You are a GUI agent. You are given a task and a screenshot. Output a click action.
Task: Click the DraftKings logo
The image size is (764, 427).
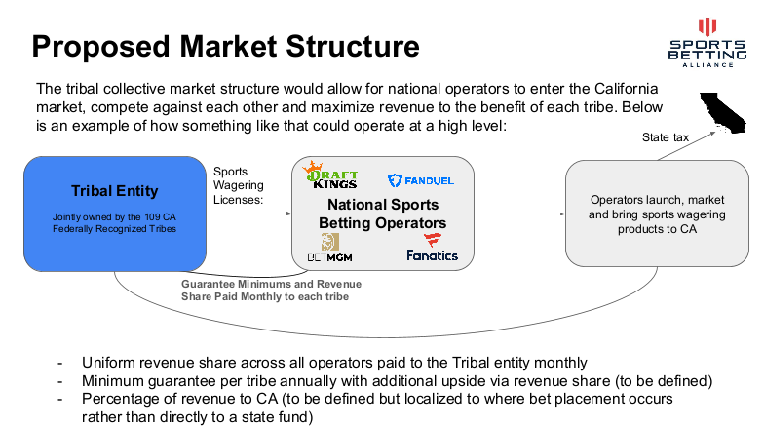point(329,175)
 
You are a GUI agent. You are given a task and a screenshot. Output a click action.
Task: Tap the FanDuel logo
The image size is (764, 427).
point(421,180)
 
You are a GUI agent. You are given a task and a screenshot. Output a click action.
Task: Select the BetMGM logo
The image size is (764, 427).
point(329,248)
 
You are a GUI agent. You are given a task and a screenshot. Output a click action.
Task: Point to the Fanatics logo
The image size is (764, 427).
point(433,248)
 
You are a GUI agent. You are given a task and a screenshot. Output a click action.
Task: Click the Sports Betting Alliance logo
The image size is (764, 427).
point(707,43)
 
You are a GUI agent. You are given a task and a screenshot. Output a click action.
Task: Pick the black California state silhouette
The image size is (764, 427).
point(723,113)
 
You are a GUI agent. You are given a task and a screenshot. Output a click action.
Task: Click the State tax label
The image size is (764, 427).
point(665,137)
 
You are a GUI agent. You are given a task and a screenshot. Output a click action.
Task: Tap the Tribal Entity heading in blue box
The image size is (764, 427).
point(115,191)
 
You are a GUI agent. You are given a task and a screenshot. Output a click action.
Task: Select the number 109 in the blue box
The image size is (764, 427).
point(152,216)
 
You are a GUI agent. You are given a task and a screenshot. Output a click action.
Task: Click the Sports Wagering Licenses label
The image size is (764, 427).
point(238,185)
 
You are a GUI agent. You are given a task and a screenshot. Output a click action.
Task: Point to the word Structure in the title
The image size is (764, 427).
point(353,47)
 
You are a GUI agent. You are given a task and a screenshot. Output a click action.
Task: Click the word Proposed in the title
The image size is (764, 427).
point(100,47)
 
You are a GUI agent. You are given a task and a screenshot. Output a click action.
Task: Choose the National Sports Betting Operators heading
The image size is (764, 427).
point(382,213)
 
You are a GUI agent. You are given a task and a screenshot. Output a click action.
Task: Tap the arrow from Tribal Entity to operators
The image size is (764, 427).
point(249,213)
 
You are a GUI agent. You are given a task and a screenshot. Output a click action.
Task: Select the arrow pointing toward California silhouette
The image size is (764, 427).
point(686,145)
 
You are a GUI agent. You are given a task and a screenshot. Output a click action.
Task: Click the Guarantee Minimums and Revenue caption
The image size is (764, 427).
point(271,284)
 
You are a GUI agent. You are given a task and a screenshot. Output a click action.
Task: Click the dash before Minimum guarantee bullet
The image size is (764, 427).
point(60,381)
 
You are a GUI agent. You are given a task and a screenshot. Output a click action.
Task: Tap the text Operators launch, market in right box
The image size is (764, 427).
point(657,200)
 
